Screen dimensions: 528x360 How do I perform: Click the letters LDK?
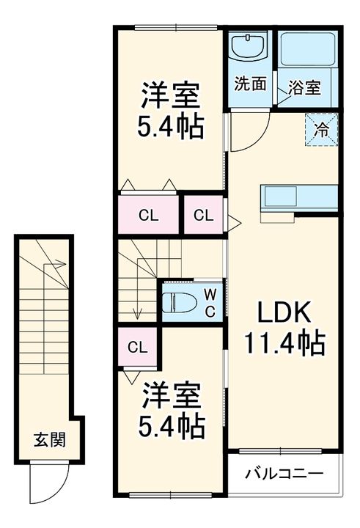point(284,313)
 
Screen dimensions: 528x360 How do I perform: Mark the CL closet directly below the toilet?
point(136,347)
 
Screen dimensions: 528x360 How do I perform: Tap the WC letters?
point(209,301)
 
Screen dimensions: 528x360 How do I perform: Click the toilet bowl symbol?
point(179,302)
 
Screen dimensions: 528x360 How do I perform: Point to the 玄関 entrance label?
point(50,441)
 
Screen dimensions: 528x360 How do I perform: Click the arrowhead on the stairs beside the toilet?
point(137,316)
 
